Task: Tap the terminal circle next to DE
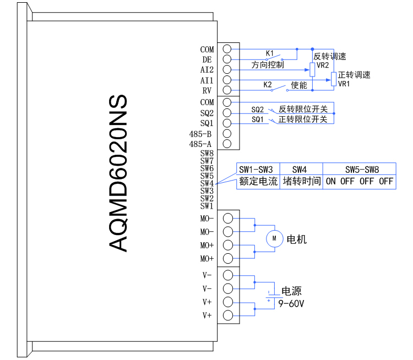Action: [x=226, y=59]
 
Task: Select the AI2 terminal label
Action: [x=207, y=70]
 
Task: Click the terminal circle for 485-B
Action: [x=226, y=134]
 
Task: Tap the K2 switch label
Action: [x=268, y=85]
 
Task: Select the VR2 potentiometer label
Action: [x=323, y=65]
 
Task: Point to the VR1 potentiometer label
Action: [x=344, y=84]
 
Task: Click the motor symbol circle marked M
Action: [x=274, y=238]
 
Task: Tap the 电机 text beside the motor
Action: [x=296, y=239]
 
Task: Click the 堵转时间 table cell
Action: [x=301, y=182]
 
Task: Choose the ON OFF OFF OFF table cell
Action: [x=359, y=182]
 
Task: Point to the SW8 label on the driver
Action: [x=206, y=154]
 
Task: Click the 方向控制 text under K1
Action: [x=268, y=65]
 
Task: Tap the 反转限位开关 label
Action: [x=303, y=109]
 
